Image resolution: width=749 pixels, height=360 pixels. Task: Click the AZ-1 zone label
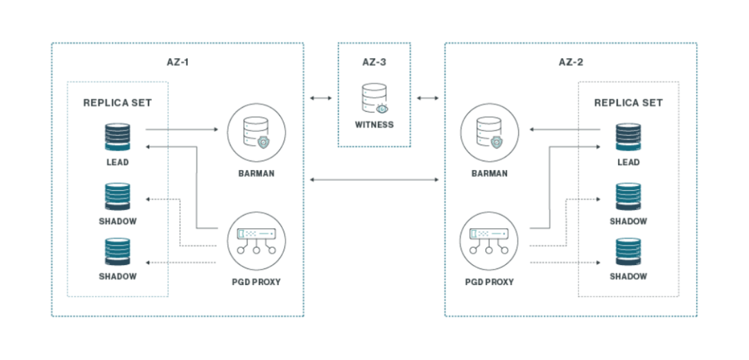[x=178, y=62]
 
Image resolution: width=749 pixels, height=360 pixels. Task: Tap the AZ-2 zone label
[x=571, y=62]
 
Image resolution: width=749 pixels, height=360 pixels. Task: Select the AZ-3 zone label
[x=374, y=62]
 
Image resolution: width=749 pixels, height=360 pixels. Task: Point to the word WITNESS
[x=374, y=126]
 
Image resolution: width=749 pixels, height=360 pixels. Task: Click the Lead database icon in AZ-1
[x=117, y=136]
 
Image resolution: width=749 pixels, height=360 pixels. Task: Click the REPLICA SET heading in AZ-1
[x=117, y=103]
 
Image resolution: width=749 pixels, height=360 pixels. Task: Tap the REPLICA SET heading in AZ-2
[x=628, y=103]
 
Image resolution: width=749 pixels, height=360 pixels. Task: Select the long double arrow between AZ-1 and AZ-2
[x=374, y=180]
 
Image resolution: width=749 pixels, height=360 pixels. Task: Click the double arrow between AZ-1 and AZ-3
[x=320, y=98]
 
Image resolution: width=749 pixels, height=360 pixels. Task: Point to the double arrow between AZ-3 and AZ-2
[x=427, y=98]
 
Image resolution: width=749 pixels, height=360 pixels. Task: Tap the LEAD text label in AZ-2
[x=628, y=162]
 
